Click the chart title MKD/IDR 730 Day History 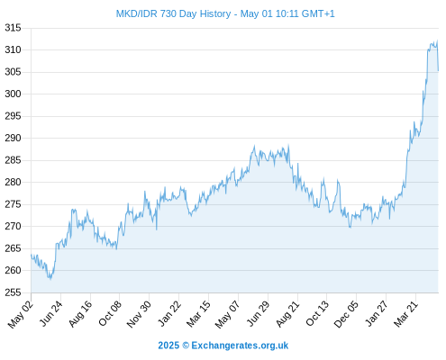pos(173,13)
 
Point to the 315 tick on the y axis pos(13,28)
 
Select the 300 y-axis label pos(13,94)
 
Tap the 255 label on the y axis pos(13,292)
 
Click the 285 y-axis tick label pos(13,160)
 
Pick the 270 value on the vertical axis pos(13,226)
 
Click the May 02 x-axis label pos(20,314)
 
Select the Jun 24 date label pos(51,313)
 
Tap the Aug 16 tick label pos(80,314)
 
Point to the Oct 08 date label pos(110,314)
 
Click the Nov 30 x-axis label pos(139,314)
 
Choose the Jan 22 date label pos(169,313)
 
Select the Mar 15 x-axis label pos(198,314)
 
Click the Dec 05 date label pos(346,314)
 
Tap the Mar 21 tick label pos(405,314)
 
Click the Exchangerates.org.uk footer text pos(240,346)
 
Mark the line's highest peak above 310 pos(437,40)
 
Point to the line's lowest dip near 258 pos(50,279)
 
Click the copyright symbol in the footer pos(186,346)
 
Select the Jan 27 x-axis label pos(376,314)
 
